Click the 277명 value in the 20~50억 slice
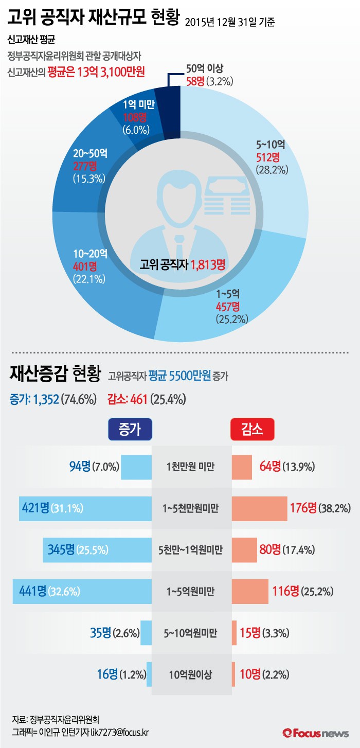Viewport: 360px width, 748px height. click(85, 165)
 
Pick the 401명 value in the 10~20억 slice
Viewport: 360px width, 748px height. click(85, 266)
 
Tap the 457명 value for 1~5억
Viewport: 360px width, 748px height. click(228, 307)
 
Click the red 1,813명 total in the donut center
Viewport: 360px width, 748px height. click(208, 265)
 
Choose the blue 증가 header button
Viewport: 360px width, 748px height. click(130, 429)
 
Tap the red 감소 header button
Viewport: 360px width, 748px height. click(251, 429)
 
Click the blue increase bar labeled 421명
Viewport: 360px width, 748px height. click(85, 509)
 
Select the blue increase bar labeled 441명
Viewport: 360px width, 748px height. click(82, 591)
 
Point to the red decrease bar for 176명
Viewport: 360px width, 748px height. click(259, 509)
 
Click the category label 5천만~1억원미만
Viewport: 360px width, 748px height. click(191, 550)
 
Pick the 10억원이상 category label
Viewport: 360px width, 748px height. click(190, 674)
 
